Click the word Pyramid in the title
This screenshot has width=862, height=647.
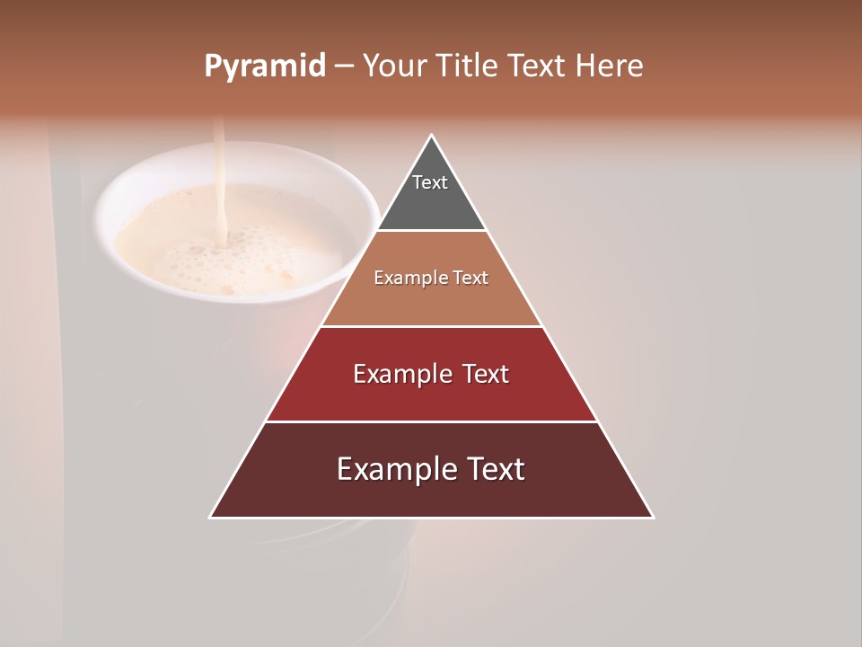tap(264, 66)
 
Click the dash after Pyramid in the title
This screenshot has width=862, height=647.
tap(343, 66)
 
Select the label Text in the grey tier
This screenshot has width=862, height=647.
tap(430, 182)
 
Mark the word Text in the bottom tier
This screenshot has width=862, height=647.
tap(493, 469)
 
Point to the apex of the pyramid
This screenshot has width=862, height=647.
tap(431, 136)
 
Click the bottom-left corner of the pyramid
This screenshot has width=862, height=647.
tap(211, 517)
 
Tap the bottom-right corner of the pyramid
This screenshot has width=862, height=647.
tap(652, 517)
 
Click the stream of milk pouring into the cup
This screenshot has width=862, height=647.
tap(217, 180)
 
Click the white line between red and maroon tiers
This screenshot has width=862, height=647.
tap(431, 421)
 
